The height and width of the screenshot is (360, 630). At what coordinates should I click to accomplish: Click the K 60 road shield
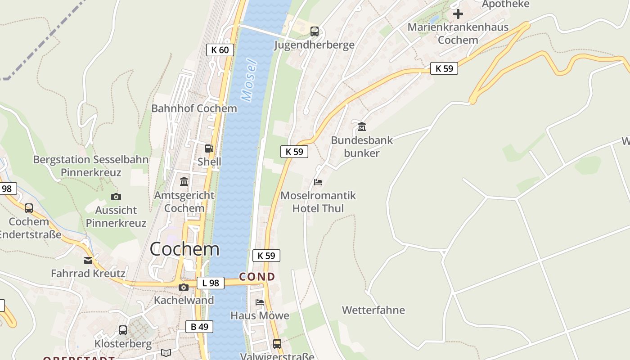[220, 50]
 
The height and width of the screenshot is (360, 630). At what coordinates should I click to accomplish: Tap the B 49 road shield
[199, 327]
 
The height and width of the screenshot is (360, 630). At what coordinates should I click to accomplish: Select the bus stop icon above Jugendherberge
[315, 31]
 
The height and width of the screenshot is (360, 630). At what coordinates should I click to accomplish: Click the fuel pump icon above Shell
[209, 148]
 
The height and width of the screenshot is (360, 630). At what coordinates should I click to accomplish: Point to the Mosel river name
[249, 80]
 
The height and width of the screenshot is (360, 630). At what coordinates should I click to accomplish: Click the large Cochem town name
[184, 249]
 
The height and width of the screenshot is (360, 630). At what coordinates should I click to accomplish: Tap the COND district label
[257, 277]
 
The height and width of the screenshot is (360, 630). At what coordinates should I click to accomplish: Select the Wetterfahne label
[373, 310]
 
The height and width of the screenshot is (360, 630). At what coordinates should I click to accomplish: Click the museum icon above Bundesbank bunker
[362, 126]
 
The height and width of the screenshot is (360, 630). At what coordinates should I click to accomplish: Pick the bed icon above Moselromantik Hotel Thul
[318, 182]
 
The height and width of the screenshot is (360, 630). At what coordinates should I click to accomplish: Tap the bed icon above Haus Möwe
[260, 302]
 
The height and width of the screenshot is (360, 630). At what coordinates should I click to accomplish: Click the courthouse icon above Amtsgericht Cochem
[184, 181]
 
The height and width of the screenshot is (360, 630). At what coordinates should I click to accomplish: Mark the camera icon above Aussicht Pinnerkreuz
[116, 197]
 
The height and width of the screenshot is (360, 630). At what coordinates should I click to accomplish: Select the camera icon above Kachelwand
[184, 287]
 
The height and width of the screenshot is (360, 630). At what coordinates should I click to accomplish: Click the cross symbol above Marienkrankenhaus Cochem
[458, 14]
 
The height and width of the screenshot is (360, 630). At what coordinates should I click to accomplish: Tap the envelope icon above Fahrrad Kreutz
[88, 261]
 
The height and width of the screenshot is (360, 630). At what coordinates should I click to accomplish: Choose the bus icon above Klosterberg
[123, 330]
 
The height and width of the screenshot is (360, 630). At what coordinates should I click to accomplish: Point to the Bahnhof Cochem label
[194, 108]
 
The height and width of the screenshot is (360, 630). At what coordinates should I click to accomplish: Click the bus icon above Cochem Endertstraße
[29, 208]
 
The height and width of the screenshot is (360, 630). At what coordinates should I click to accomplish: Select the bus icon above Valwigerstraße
[277, 344]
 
